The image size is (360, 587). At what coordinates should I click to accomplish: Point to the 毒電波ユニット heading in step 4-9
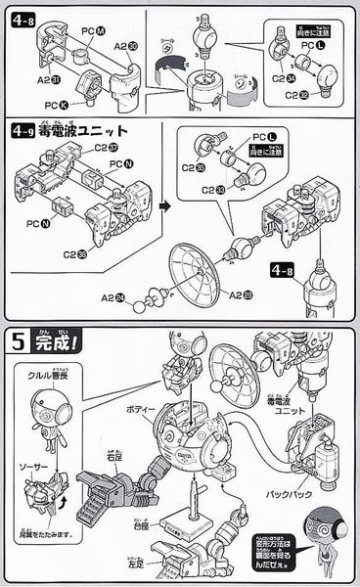(x=83, y=130)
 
